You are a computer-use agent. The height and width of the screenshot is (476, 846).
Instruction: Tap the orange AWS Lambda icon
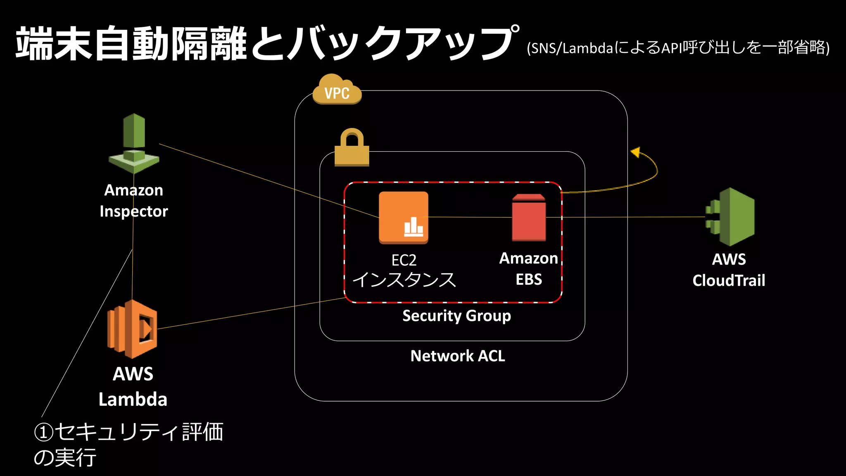pos(132,329)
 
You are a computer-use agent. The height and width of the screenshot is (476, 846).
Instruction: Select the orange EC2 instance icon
pos(404,217)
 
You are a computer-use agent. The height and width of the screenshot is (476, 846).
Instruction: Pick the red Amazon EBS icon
pos(529,218)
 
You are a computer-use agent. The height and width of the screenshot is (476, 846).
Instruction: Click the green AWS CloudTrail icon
pos(730,217)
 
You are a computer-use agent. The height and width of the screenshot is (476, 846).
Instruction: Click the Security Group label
pos(456,316)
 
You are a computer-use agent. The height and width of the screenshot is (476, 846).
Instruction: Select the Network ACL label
pos(458,356)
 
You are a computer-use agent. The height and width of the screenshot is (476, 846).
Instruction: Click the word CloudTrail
pos(729,281)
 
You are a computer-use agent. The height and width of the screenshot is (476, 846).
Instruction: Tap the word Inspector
pos(134,212)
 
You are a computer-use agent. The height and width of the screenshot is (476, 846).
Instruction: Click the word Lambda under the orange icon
pos(133,399)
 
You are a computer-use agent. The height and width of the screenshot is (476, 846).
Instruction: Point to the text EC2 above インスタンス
pos(404,260)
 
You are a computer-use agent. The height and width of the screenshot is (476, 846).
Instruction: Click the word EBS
pos(529,280)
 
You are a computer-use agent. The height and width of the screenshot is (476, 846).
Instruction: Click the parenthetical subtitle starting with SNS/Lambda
pos(678,48)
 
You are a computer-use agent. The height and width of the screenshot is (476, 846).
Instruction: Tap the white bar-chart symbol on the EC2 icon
pos(413,227)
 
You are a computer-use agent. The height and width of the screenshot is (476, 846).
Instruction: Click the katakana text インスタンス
pos(404,280)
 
